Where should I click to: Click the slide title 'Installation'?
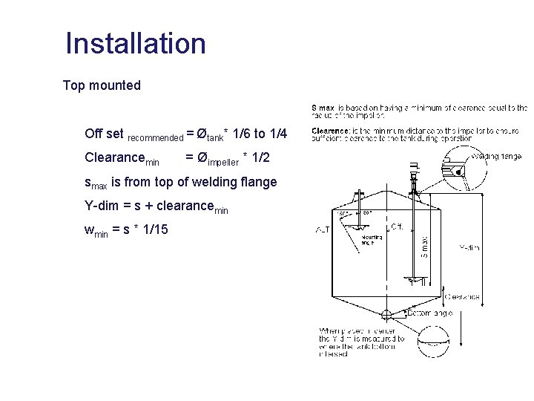point(135,44)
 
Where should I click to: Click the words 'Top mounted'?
point(102,85)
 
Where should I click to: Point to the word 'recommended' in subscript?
point(156,137)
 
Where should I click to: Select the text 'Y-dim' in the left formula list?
point(101,206)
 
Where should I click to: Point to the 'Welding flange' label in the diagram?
point(496,157)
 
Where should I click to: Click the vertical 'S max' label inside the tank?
point(424,244)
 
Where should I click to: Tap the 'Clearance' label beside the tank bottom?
point(462,296)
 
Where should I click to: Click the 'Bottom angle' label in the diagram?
point(429,314)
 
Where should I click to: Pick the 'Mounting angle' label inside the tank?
point(372,240)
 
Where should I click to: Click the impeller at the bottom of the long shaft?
point(415,281)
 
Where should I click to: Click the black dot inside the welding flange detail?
point(461,172)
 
